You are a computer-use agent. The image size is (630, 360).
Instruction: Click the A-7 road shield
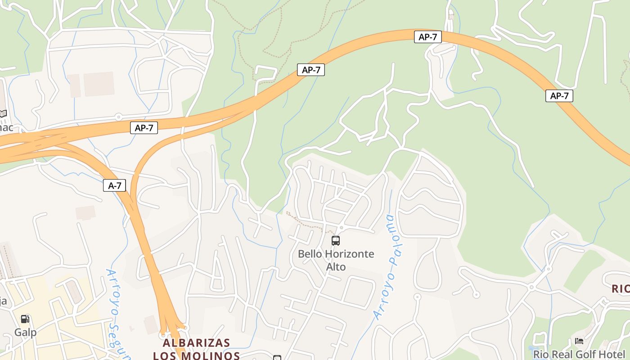(114, 185)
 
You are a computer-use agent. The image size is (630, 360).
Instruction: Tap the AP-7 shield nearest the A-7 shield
(144, 128)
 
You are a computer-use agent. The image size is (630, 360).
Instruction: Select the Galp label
(25, 333)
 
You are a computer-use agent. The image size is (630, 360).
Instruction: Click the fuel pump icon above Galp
(25, 319)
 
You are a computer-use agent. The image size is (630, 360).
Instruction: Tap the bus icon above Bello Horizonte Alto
(336, 241)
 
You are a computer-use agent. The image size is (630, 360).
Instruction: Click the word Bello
(310, 254)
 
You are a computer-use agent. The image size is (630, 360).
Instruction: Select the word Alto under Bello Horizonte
(336, 267)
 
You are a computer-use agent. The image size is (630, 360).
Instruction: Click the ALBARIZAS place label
(196, 343)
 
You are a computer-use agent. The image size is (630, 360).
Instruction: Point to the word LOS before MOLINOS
(164, 355)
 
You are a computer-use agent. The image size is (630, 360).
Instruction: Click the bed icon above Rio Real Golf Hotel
(579, 342)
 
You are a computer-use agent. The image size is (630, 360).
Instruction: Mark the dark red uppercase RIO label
(621, 289)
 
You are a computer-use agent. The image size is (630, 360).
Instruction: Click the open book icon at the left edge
(3, 113)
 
